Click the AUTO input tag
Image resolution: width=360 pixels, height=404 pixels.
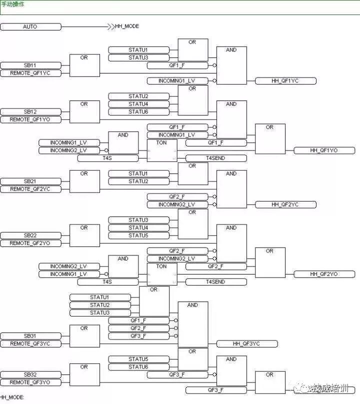(x=30, y=26)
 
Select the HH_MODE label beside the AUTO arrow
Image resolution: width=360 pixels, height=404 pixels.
(x=127, y=26)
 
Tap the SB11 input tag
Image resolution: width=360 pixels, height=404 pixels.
(x=30, y=65)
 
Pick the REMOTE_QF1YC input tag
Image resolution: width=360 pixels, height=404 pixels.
(x=30, y=73)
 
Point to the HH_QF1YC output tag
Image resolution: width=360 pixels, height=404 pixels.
(x=285, y=81)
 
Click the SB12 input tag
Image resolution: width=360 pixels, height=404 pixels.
(x=30, y=112)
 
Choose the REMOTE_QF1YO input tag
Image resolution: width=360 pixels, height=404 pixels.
(x=30, y=119)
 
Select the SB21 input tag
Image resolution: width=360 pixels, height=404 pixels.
(x=30, y=181)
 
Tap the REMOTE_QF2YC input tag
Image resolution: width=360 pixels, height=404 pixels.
(x=30, y=189)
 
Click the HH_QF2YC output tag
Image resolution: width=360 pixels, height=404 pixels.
(x=285, y=204)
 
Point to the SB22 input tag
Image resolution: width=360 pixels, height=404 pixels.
(x=30, y=235)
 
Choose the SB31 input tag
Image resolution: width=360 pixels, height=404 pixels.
(x=30, y=336)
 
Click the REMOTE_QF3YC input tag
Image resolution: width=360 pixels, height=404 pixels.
(x=30, y=343)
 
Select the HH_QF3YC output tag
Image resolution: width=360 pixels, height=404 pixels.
(x=246, y=343)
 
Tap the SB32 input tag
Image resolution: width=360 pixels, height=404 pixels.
(x=30, y=374)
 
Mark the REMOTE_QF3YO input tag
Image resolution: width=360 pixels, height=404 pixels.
(x=30, y=382)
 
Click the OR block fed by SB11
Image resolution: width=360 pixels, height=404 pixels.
(x=84, y=65)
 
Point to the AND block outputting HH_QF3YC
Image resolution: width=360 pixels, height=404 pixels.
(x=192, y=324)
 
